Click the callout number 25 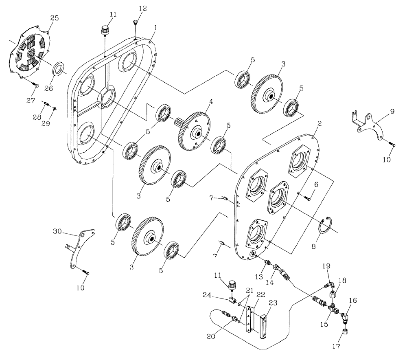[x=55, y=18]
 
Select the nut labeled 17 [x=344, y=331]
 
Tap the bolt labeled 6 [x=308, y=198]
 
